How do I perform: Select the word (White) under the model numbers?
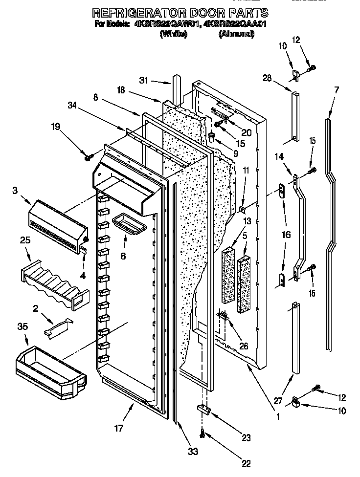[x=173, y=34]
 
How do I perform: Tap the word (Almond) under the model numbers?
[x=237, y=34]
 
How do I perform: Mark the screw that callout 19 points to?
[x=89, y=157]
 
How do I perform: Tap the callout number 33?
[x=194, y=452]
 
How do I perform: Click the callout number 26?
[x=243, y=346]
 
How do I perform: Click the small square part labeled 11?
[x=242, y=209]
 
